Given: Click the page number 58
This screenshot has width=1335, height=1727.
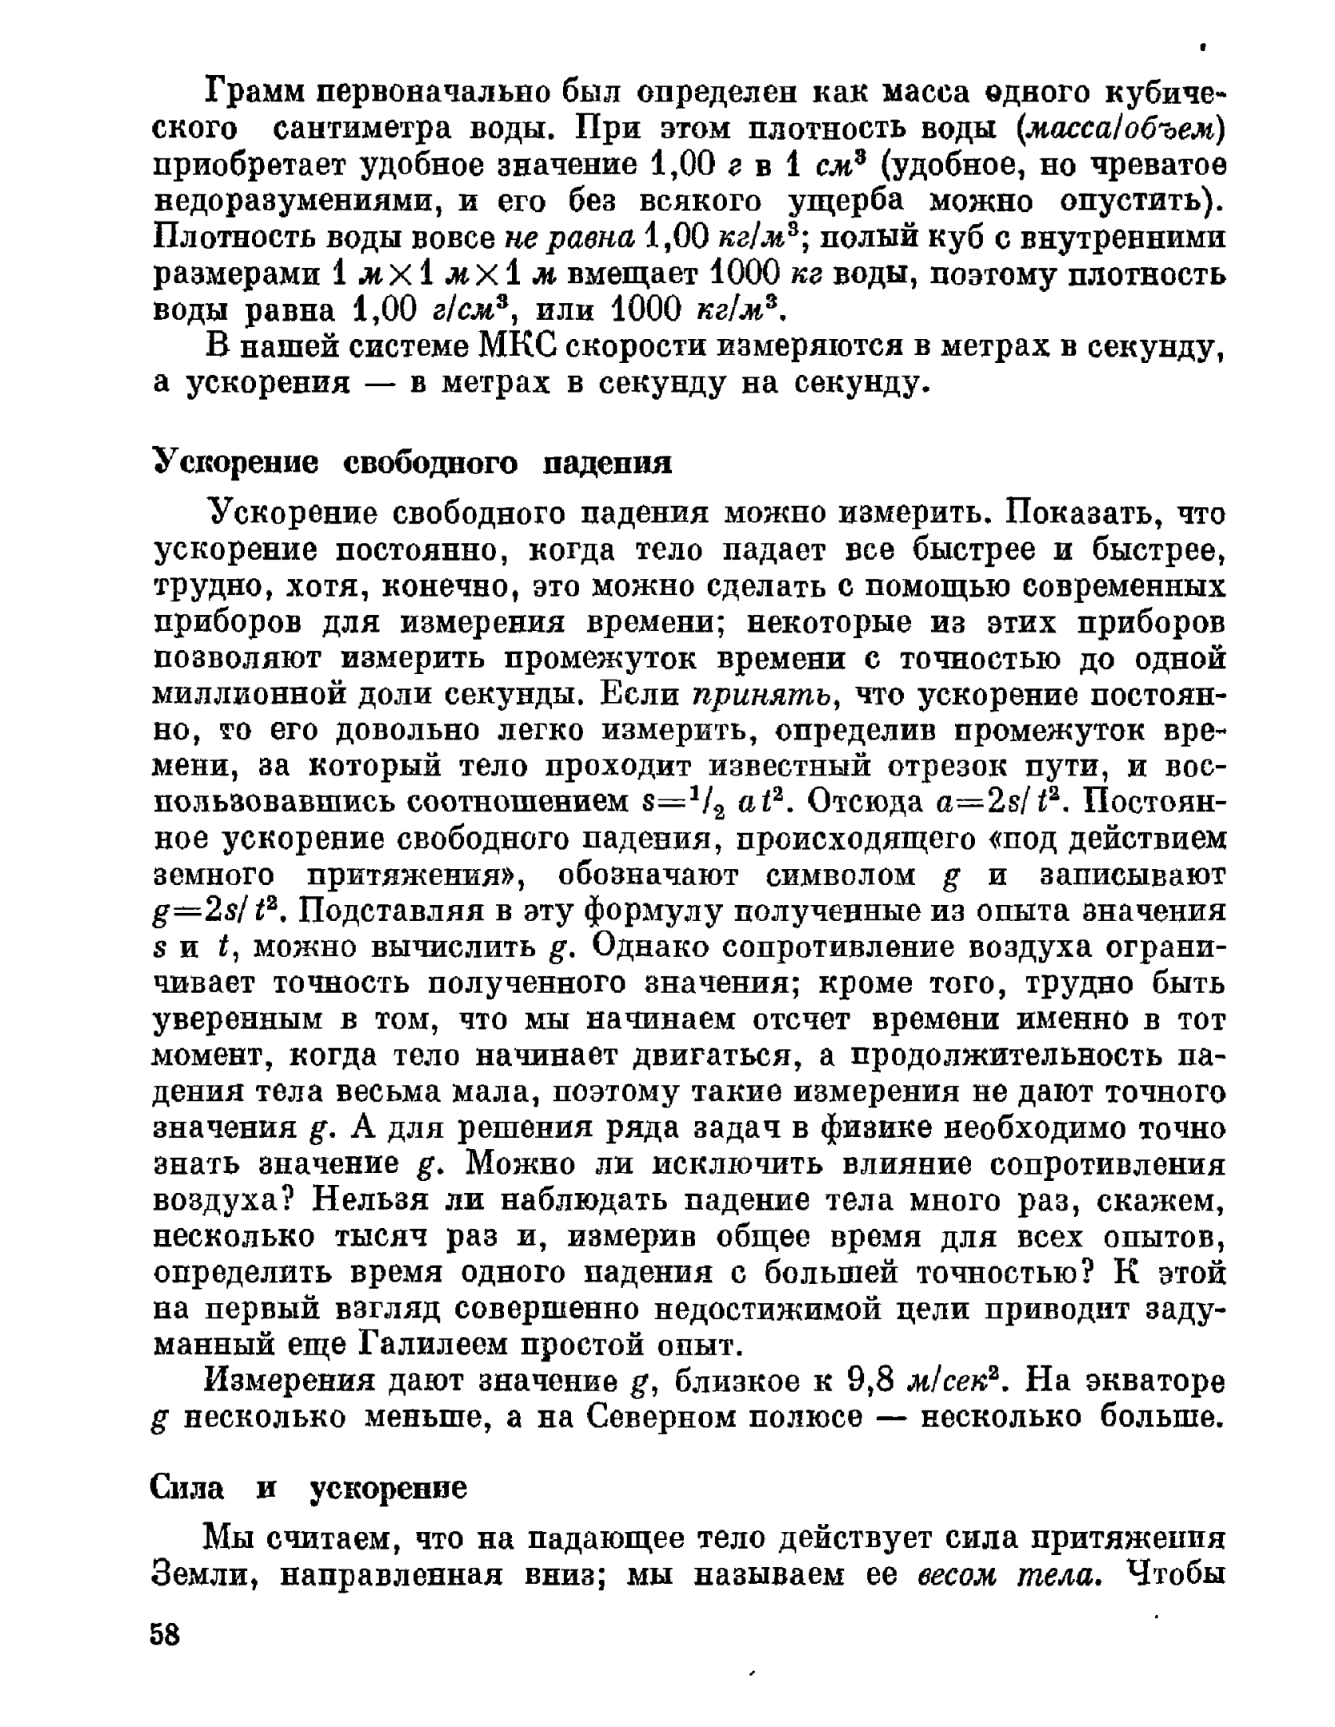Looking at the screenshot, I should point(166,1634).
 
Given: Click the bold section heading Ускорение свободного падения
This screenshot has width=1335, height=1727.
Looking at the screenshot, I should point(412,462).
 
